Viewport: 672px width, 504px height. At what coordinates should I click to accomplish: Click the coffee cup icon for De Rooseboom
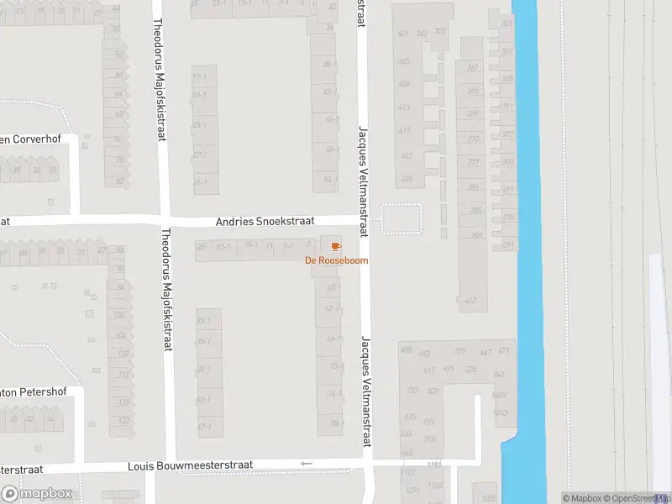(336, 246)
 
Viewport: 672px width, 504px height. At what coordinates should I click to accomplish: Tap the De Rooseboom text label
(336, 260)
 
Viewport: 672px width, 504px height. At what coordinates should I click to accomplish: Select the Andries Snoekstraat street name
(265, 222)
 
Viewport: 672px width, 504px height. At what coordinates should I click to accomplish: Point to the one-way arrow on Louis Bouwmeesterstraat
(307, 464)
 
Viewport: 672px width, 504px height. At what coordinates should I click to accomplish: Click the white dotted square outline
(401, 218)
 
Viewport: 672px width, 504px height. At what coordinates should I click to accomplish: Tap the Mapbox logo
(37, 494)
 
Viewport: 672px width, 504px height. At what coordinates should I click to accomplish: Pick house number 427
(470, 301)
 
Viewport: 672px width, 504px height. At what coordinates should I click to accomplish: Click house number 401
(403, 34)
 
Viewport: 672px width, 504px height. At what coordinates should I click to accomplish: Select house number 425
(407, 179)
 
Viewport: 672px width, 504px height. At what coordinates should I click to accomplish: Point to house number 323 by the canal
(507, 24)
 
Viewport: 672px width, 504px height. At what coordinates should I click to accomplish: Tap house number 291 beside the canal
(507, 244)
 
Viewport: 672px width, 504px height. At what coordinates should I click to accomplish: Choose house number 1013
(501, 412)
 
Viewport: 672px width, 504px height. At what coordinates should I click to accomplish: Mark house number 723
(412, 391)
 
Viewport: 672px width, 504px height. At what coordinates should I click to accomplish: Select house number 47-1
(203, 427)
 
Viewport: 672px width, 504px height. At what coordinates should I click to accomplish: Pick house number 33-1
(202, 321)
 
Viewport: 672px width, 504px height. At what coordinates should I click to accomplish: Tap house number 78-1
(335, 423)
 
